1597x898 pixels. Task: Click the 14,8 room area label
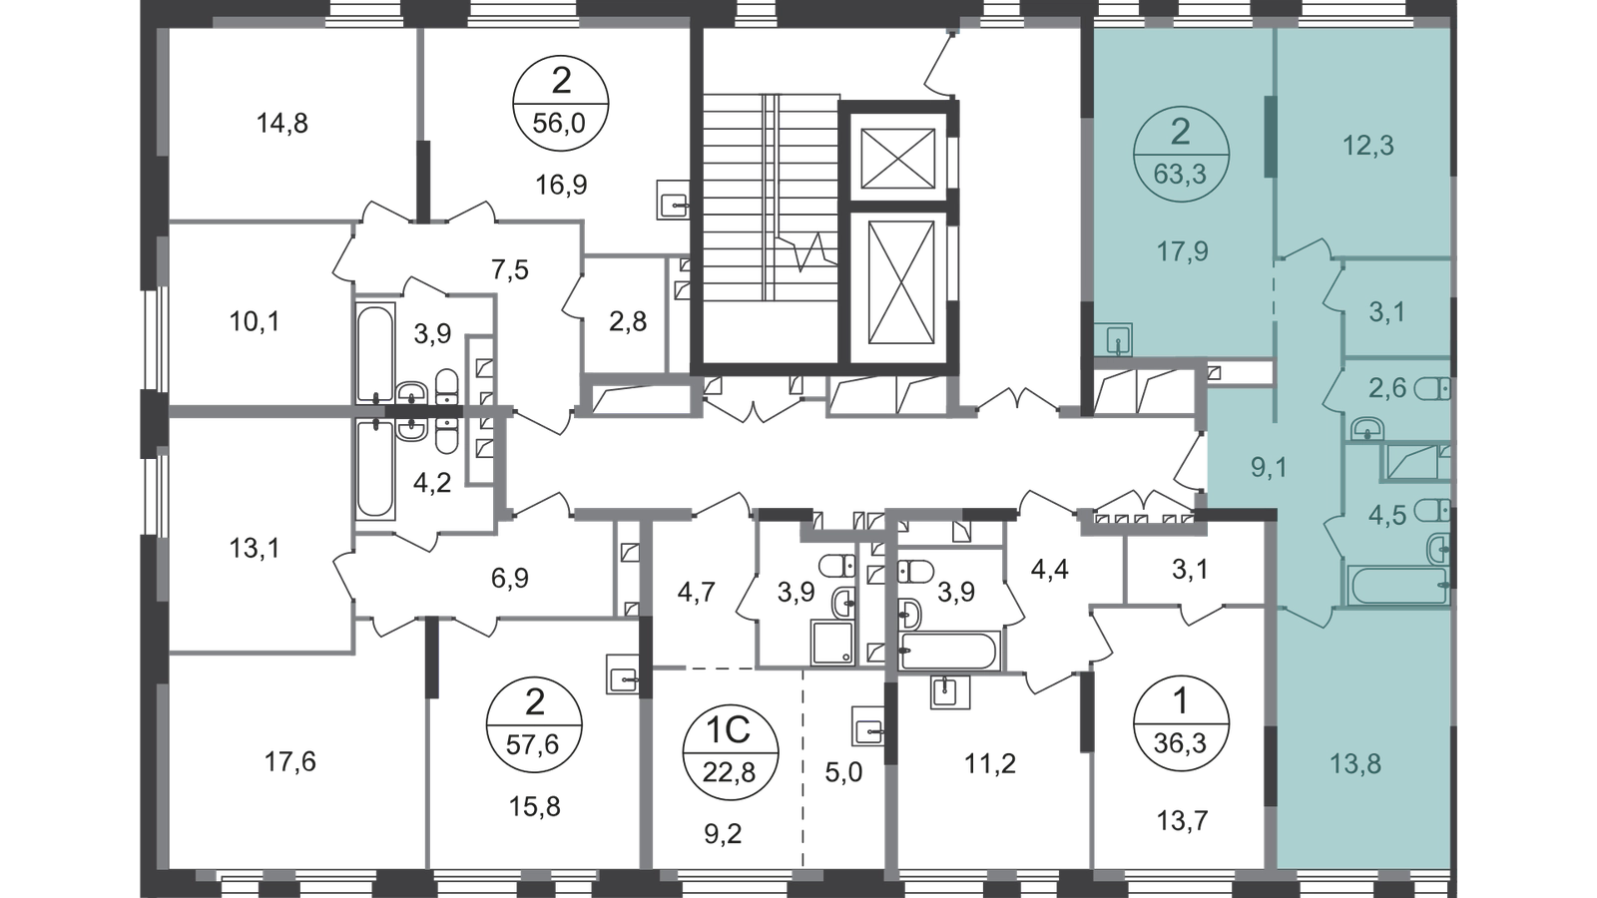pos(282,124)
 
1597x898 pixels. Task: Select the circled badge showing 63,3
pos(1181,154)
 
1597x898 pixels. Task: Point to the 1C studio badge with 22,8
pos(730,752)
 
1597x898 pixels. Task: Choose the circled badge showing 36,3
pos(1181,723)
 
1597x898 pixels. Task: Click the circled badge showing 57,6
pos(534,724)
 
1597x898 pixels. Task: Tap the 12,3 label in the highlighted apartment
pos(1368,146)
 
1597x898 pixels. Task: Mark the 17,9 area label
pos(1182,251)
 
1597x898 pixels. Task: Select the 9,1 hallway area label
pos(1269,468)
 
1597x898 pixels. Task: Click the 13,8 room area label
pos(1355,764)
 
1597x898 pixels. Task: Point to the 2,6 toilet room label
pos(1386,388)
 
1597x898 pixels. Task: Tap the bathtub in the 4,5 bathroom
pos(1398,585)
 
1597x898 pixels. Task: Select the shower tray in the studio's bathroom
pos(832,643)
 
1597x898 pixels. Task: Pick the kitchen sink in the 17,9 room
pos(1114,339)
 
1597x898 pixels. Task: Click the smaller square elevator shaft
pos(897,159)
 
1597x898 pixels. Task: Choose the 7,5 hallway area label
pos(510,270)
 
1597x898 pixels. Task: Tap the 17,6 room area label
pos(289,762)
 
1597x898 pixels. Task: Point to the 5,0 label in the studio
pos(843,772)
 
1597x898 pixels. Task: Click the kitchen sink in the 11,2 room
pos(949,692)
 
